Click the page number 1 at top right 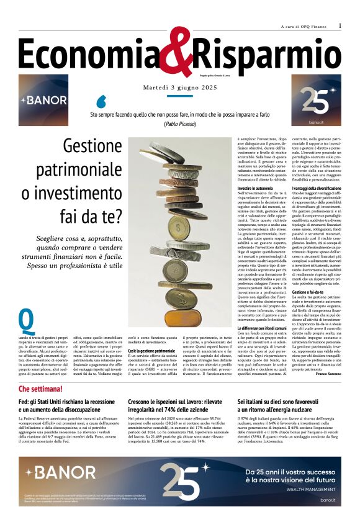pos(340,25)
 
